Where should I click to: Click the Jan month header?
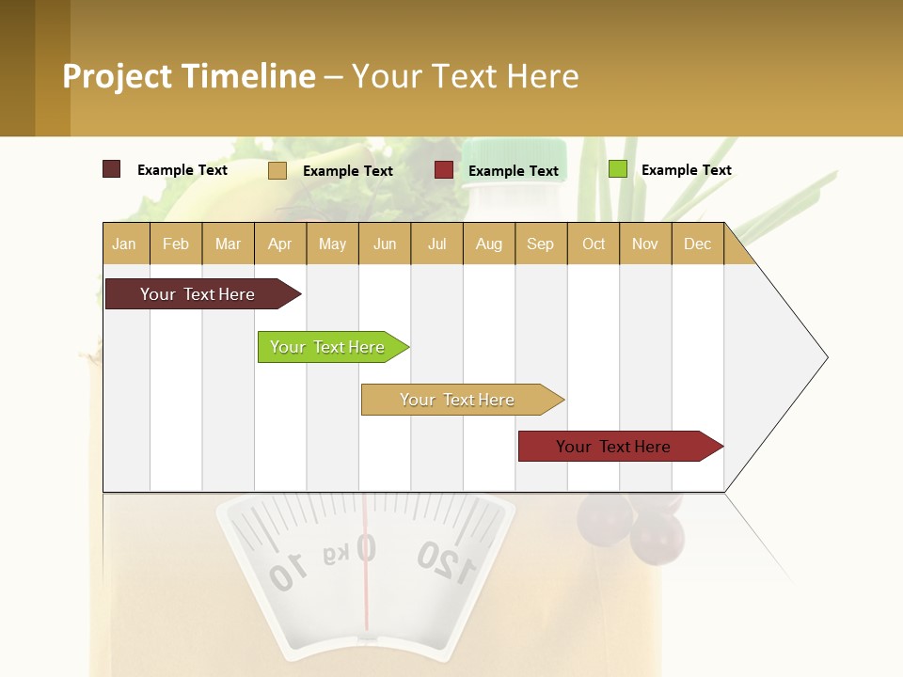[x=125, y=244]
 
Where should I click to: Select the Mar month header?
[x=228, y=244]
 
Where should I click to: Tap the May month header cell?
[x=332, y=244]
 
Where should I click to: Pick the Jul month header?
[x=436, y=244]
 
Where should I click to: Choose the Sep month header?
[x=540, y=244]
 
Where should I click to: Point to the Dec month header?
[x=697, y=244]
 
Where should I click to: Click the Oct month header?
[x=594, y=244]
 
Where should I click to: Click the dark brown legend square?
[x=111, y=169]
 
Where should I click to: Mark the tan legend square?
[x=277, y=170]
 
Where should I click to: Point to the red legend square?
[x=444, y=170]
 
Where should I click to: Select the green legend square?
[x=617, y=169]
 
